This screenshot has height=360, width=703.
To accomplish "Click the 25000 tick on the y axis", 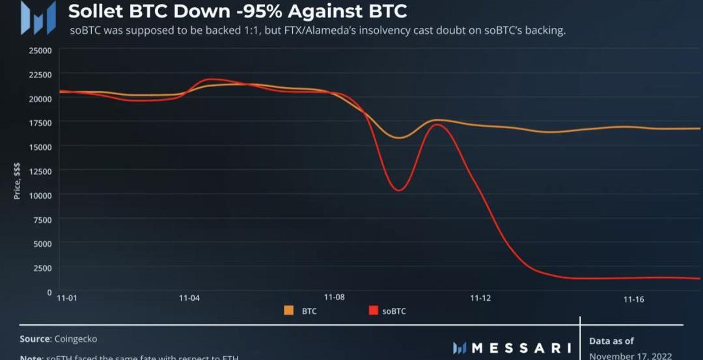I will (40, 50).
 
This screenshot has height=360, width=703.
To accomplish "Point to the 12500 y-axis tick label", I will (40, 171).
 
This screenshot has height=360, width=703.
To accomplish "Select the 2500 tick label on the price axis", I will (43, 268).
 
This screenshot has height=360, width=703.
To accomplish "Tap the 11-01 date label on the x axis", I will (67, 298).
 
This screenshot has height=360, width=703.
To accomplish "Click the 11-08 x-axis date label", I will (334, 298).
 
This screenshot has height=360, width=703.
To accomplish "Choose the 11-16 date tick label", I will (633, 299).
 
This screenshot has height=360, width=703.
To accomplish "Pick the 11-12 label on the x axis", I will (480, 298).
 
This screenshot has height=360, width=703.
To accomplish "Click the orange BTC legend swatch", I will (289, 311).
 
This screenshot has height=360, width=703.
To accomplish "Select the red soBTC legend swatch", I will (373, 311).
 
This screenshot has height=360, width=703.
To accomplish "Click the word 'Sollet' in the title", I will (95, 11).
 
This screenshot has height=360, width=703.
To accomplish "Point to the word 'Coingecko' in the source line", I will (77, 339).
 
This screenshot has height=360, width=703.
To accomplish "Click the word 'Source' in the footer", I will (34, 339).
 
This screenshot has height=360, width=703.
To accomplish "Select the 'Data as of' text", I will (611, 340).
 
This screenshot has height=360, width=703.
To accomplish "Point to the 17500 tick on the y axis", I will (40, 122).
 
